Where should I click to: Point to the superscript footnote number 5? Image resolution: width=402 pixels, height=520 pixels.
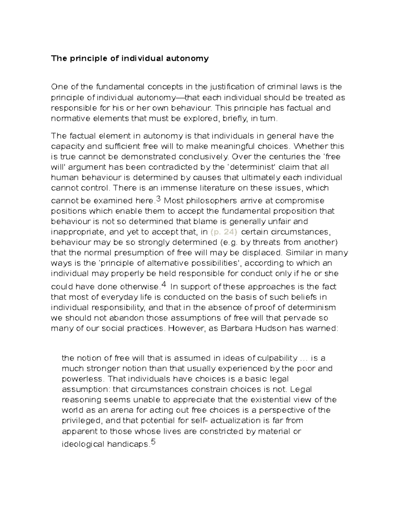click(x=153, y=442)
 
